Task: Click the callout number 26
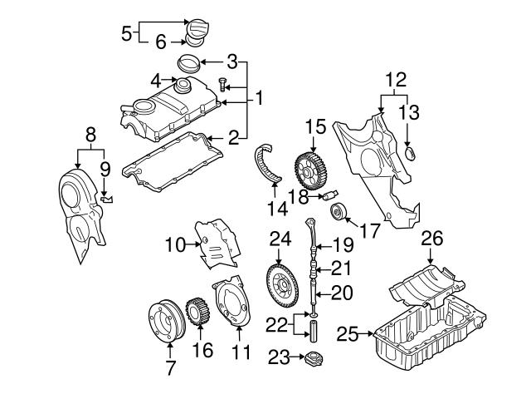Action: pyautogui.click(x=432, y=238)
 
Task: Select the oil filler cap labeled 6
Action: pyautogui.click(x=197, y=31)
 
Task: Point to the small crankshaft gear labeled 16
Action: pyautogui.click(x=197, y=315)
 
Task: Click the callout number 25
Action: pyautogui.click(x=348, y=334)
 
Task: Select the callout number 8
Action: pyautogui.click(x=90, y=131)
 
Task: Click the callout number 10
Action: pyautogui.click(x=174, y=244)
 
